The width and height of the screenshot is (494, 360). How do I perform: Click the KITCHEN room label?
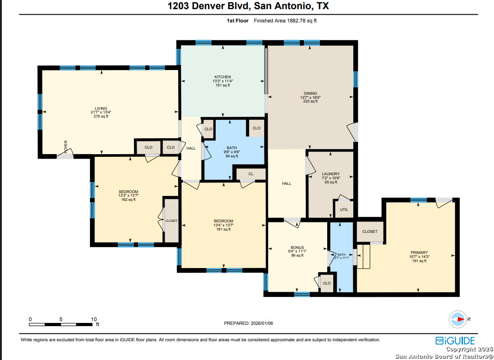(223, 77)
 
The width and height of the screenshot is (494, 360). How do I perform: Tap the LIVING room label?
(101, 108)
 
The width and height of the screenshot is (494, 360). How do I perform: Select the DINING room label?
(310, 93)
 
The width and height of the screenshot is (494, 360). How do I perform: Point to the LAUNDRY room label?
(331, 174)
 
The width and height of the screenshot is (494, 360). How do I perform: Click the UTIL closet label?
(344, 210)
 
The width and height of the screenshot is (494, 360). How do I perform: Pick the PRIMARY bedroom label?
(420, 253)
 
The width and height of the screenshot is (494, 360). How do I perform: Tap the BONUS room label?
(297, 247)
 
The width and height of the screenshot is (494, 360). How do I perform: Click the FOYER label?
(66, 147)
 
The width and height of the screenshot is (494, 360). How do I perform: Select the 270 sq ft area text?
(101, 116)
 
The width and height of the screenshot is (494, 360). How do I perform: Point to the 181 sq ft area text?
(223, 229)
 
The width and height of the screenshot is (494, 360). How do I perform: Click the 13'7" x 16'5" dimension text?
(310, 97)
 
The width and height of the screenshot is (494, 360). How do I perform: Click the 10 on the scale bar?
(94, 319)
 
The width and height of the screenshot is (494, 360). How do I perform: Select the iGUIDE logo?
(455, 341)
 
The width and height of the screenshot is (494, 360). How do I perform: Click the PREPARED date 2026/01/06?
(262, 323)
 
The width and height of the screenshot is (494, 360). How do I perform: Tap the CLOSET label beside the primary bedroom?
(370, 231)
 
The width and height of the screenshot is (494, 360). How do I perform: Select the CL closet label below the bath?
(251, 174)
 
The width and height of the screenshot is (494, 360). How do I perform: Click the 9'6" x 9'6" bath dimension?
(232, 152)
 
